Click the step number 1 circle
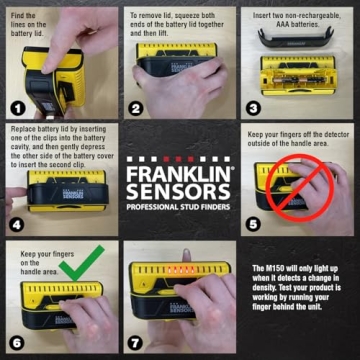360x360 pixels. (x=18, y=106)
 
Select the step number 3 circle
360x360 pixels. (x=254, y=106)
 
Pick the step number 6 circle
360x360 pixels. (x=18, y=342)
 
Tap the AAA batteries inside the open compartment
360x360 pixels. (x=290, y=74)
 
